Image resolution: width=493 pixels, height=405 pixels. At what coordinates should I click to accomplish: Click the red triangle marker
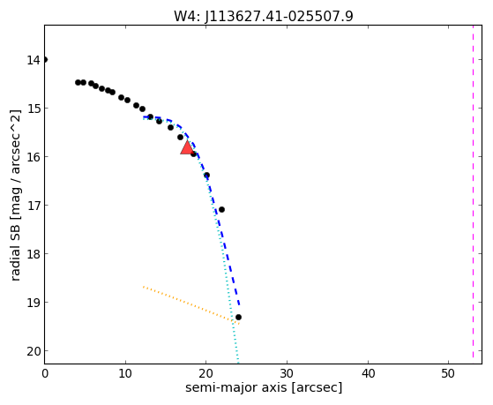187,147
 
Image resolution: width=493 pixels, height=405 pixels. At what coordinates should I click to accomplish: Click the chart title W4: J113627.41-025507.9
264,16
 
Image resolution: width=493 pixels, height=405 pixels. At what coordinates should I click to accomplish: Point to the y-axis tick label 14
34,60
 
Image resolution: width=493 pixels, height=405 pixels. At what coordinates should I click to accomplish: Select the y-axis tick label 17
34,206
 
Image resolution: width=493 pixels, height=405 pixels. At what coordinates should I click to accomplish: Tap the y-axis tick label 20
34,351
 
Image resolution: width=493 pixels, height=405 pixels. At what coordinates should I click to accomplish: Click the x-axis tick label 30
287,373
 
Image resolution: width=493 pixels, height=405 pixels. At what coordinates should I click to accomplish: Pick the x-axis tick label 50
448,373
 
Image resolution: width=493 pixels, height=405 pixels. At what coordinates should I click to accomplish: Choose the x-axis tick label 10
125,373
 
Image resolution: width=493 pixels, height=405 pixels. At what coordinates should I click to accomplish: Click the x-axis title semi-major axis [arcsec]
264,387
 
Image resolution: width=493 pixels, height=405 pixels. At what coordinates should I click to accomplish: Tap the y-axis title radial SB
15,251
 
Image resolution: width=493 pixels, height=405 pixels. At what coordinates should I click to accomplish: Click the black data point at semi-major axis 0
45,59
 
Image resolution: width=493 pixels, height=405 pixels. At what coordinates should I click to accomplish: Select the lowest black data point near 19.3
238,317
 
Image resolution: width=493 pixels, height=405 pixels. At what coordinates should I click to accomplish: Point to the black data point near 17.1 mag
221,209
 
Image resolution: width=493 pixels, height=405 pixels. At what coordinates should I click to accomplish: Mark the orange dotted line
191,305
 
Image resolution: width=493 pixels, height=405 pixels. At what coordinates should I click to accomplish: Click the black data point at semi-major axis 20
206,175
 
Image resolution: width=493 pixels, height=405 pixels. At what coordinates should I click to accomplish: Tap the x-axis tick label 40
368,373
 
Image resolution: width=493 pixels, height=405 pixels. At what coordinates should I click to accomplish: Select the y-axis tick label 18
34,253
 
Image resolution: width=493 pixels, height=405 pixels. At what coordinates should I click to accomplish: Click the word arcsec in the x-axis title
317,387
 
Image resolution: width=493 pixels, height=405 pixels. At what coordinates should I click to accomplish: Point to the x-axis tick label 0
45,373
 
